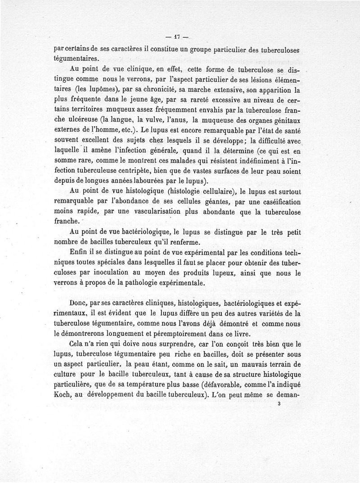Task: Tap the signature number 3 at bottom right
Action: coord(280,404)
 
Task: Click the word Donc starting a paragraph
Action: coord(80,304)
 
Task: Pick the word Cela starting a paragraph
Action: coord(79,345)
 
